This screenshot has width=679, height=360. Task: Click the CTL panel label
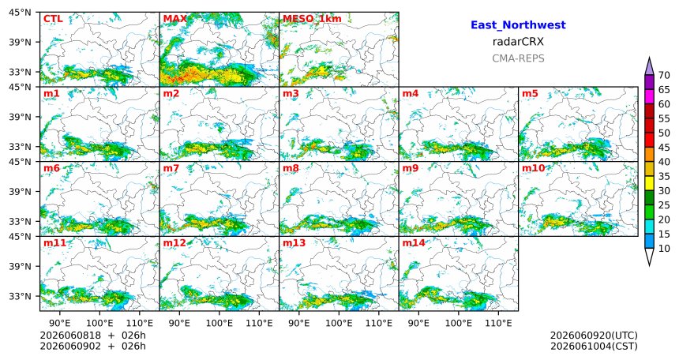point(53,19)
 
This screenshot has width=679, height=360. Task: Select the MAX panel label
point(175,19)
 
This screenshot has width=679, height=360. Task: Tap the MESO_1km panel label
point(312,19)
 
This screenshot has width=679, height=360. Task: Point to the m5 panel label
point(530,94)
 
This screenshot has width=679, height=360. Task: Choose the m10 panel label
point(533,168)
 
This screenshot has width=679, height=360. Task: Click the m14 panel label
point(414,243)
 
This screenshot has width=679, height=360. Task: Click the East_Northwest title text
point(518,25)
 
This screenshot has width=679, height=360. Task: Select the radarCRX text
point(518,42)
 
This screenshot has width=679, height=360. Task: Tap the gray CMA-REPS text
point(518,58)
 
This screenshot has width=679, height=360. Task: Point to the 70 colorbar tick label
point(664,75)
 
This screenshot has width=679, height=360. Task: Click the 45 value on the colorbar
point(664,148)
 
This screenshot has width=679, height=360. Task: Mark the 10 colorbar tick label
point(664,248)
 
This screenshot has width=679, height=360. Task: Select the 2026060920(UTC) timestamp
point(594,336)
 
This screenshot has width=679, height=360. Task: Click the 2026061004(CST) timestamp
point(594,346)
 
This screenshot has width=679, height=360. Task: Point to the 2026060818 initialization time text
point(70,336)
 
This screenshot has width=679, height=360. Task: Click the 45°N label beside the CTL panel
point(20,13)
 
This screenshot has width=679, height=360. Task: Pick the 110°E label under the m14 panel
point(498,323)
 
